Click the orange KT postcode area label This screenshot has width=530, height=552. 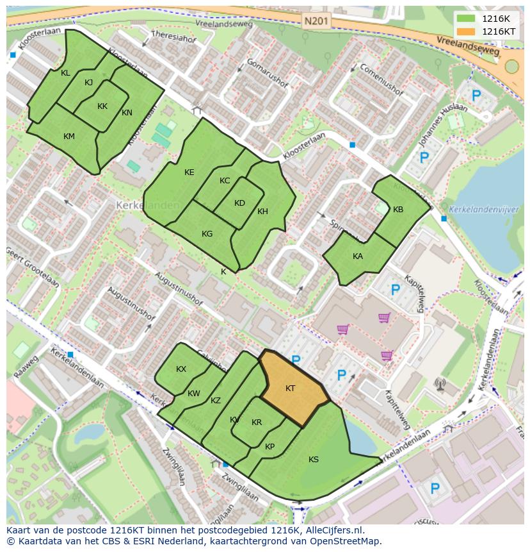(x=290, y=389)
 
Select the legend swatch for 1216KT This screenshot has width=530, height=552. (x=467, y=31)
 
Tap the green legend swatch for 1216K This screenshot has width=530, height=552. (x=467, y=19)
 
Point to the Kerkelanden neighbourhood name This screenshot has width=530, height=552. (x=139, y=205)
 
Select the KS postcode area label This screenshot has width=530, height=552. (x=314, y=460)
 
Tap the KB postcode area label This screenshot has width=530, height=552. (x=398, y=210)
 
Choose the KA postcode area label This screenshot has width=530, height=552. (x=358, y=256)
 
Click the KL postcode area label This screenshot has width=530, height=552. (x=65, y=73)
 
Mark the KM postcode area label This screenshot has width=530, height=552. (x=69, y=137)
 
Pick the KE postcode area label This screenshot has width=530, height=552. (x=189, y=172)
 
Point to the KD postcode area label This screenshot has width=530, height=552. (x=239, y=203)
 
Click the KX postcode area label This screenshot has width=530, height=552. (x=181, y=369)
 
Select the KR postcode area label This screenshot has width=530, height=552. (x=257, y=422)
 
